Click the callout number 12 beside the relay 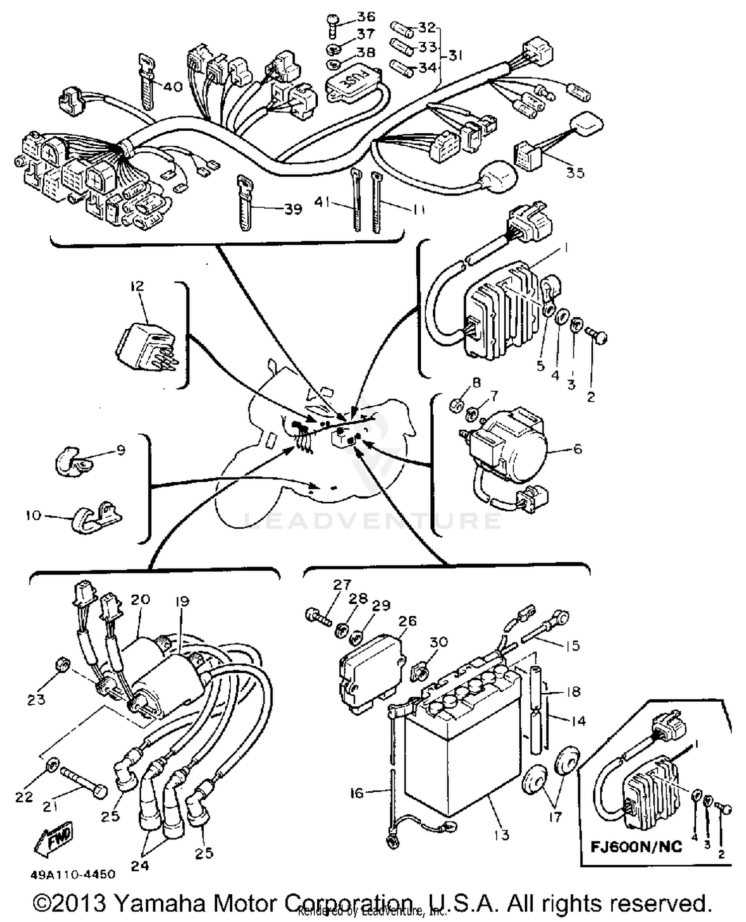coord(137,286)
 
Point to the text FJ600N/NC coord(636,846)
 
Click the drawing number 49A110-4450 coord(73,874)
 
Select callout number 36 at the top coord(366,16)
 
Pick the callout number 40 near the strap coord(173,87)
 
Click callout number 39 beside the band coord(293,209)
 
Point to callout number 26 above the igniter coord(407,621)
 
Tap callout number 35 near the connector coord(575,173)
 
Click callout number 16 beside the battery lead coord(357,793)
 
